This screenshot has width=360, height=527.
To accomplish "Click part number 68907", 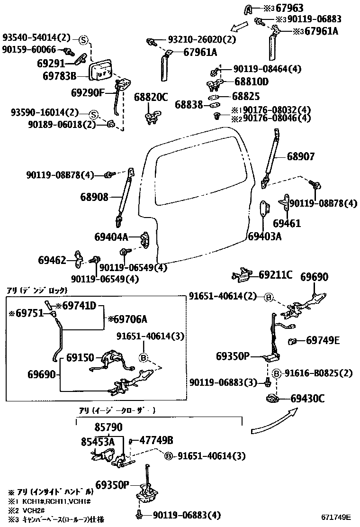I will [300, 156].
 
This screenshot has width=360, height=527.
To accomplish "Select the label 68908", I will [94, 197].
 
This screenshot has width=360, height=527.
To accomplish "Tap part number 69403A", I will [265, 236].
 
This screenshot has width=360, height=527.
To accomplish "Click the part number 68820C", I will [151, 97].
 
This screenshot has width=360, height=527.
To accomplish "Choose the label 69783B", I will [59, 75].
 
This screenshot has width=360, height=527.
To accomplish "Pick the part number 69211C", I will [276, 275].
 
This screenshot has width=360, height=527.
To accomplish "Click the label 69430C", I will [308, 399].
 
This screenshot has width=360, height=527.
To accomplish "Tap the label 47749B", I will [156, 440].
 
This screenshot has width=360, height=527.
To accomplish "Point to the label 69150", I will [81, 357].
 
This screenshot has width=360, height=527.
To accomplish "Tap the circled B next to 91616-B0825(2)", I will [278, 373].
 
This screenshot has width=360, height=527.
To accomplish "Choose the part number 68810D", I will [252, 82].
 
